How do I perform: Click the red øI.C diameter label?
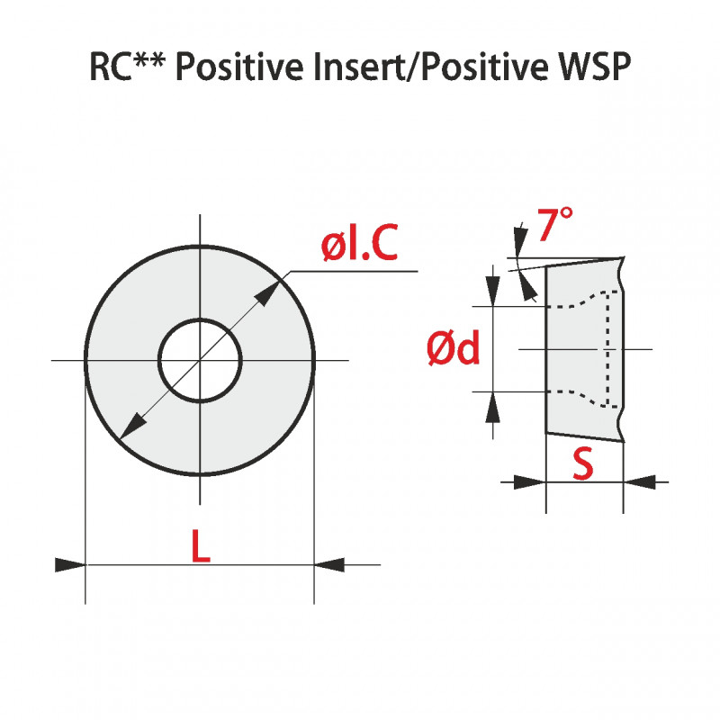point(359,245)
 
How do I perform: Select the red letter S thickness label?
point(583,463)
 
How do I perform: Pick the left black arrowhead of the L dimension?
point(70,564)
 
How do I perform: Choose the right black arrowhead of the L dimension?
point(329,564)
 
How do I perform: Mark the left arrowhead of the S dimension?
point(530,483)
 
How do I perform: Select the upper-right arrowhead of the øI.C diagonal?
point(268,292)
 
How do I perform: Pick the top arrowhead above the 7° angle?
point(519,238)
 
